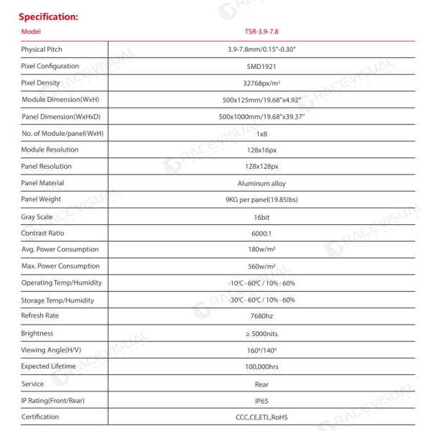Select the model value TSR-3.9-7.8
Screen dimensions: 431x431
(x=261, y=32)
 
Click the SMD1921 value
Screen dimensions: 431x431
(x=261, y=65)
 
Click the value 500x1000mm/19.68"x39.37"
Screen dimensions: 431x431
(x=261, y=116)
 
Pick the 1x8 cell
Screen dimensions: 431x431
(x=261, y=133)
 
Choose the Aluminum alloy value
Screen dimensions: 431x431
(x=261, y=183)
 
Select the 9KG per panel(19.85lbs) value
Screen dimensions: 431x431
(x=261, y=200)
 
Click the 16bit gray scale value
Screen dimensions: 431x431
(x=261, y=216)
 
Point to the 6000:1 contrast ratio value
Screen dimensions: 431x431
(x=261, y=233)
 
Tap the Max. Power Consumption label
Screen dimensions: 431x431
(x=60, y=267)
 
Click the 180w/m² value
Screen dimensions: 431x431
(x=261, y=250)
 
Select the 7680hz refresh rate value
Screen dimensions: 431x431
(x=261, y=317)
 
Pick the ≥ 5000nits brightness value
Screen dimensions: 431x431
(x=261, y=334)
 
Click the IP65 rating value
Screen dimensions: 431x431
(x=261, y=400)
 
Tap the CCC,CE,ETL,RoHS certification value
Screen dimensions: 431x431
(x=261, y=417)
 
